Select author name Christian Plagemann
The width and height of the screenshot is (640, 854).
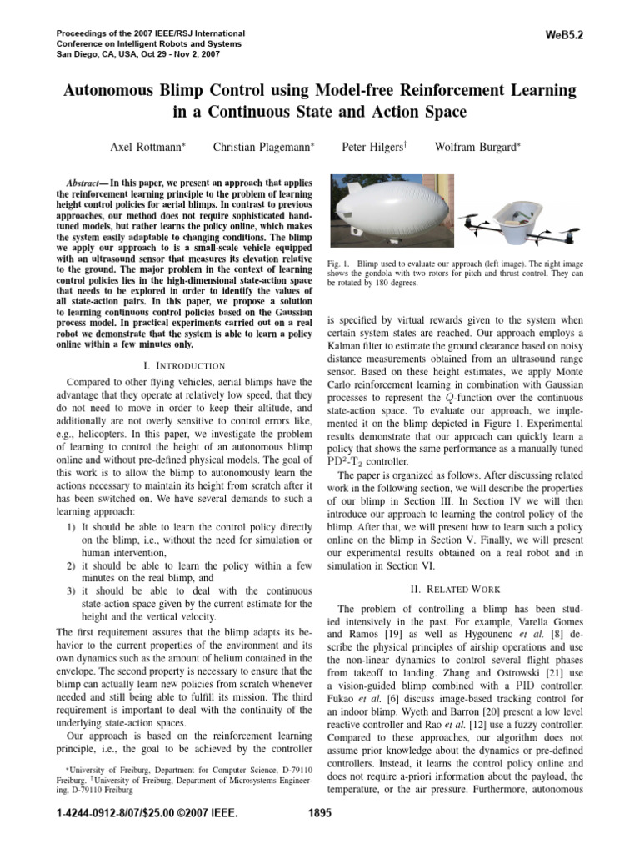coord(262,147)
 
